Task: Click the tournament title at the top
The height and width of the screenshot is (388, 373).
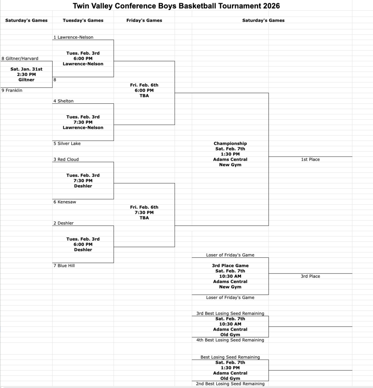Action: (x=176, y=6)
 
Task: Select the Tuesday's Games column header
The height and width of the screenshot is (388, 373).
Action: (x=83, y=20)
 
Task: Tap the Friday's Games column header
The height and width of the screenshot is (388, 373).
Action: (x=144, y=20)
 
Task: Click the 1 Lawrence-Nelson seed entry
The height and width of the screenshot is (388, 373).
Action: (x=74, y=38)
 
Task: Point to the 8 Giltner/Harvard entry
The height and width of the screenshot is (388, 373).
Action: (x=20, y=59)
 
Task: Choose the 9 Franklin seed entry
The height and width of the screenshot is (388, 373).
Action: (x=12, y=91)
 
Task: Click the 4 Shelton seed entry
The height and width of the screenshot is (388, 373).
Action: (x=64, y=101)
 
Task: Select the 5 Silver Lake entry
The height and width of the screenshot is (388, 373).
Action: (x=67, y=144)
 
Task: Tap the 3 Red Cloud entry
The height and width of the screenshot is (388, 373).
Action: (x=66, y=160)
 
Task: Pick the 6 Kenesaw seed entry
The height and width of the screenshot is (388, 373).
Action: (x=65, y=202)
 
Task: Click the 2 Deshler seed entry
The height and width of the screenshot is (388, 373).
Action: (x=64, y=223)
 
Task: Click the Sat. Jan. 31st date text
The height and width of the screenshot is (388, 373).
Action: (x=26, y=69)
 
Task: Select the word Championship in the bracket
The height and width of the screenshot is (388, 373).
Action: (x=230, y=144)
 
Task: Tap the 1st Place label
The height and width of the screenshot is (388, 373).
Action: (x=310, y=160)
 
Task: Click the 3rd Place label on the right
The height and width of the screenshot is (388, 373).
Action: (x=310, y=276)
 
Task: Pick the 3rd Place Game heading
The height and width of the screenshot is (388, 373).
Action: (x=230, y=266)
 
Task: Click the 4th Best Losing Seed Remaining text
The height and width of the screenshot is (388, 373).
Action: (x=230, y=340)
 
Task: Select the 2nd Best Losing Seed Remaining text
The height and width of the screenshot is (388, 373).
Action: (x=230, y=384)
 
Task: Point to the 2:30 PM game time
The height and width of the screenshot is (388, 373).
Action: (x=26, y=75)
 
